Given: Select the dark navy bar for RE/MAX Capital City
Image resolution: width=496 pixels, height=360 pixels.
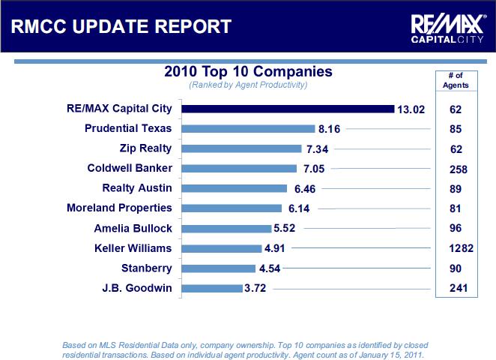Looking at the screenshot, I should (288, 109).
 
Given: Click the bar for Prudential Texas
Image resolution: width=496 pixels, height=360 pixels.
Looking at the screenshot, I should (249, 129).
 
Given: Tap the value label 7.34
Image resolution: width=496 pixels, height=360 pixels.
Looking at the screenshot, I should (318, 149).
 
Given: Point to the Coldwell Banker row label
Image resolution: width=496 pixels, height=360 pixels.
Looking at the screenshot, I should (130, 168).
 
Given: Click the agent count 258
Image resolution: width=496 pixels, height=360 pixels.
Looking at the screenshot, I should (458, 169).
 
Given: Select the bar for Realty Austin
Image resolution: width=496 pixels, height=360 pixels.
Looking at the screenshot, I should (235, 188).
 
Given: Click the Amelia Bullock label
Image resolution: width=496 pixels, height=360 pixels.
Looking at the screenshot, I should (133, 228).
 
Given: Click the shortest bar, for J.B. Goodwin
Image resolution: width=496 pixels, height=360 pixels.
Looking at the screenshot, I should (212, 288).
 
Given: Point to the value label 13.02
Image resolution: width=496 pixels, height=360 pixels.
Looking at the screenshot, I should (411, 109).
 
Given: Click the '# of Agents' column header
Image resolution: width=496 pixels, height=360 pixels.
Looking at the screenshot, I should (456, 80).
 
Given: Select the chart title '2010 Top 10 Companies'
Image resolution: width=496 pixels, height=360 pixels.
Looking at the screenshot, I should (248, 72).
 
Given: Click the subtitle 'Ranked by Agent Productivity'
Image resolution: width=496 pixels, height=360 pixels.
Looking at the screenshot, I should (248, 85).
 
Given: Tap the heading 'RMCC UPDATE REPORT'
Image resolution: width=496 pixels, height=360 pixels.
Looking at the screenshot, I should (121, 27).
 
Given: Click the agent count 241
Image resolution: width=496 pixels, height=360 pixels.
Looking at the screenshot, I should (458, 288).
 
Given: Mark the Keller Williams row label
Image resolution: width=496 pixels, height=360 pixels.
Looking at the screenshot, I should (133, 247).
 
